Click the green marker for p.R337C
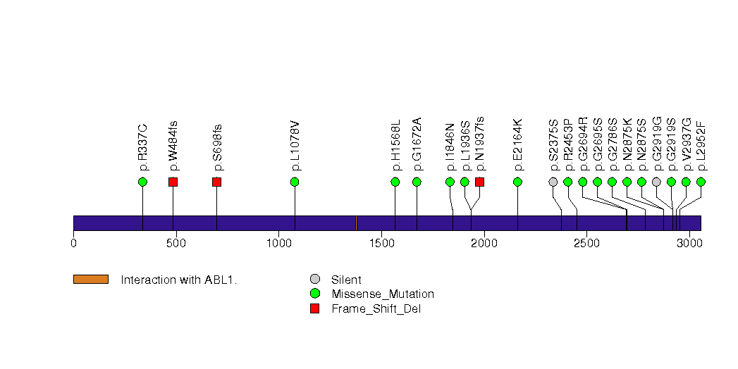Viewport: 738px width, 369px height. click(x=142, y=182)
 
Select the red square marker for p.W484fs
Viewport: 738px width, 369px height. click(x=173, y=182)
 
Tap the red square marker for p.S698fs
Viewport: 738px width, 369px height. click(x=216, y=182)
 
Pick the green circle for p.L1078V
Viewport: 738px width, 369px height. click(x=295, y=182)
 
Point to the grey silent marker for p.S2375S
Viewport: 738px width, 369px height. click(x=553, y=182)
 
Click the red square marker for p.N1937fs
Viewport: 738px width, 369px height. click(x=479, y=182)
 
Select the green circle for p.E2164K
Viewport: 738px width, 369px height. click(x=517, y=182)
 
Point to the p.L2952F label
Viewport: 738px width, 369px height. click(x=701, y=146)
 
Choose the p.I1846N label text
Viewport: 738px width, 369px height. click(x=450, y=147)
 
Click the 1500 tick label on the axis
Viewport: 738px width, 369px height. click(x=381, y=244)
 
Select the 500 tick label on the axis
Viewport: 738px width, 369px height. click(x=176, y=244)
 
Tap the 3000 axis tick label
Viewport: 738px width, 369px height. click(x=689, y=244)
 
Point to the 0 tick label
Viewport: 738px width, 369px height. click(x=73, y=244)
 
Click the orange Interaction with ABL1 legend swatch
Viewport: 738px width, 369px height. click(x=90, y=280)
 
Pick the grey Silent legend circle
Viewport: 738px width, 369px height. click(x=315, y=280)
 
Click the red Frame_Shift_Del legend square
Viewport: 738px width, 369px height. click(x=315, y=308)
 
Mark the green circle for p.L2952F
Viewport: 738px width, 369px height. click(x=701, y=182)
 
